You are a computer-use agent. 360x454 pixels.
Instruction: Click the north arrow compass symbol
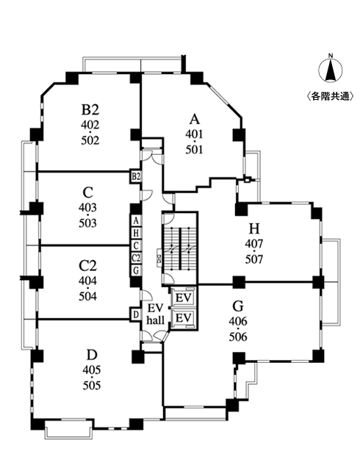pos(331,70)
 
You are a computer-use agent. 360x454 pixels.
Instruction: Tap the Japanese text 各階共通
pos(331,96)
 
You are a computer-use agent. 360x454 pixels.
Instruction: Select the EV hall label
pos(155,314)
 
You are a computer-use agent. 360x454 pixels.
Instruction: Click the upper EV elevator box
pos(184,298)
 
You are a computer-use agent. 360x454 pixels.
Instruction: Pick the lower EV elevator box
pos(184,317)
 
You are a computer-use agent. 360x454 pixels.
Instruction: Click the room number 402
pos(90,126)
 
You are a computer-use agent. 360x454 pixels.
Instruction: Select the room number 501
pos(194,149)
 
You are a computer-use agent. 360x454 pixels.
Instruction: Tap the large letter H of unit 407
pos(254,228)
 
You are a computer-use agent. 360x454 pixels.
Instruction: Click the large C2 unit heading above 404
pos(88,266)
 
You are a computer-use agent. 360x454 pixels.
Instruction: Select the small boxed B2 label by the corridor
pos(135,176)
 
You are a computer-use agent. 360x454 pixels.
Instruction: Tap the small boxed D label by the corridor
pos(135,314)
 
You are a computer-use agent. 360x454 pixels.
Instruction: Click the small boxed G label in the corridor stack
pos(136,270)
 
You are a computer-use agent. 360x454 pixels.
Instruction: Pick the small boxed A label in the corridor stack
pos(136,220)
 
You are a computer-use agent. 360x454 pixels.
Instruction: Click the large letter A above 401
pos(194,120)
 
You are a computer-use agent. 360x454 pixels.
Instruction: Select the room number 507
pos(254,258)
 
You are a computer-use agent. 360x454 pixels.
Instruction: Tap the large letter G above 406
pos(237,306)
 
